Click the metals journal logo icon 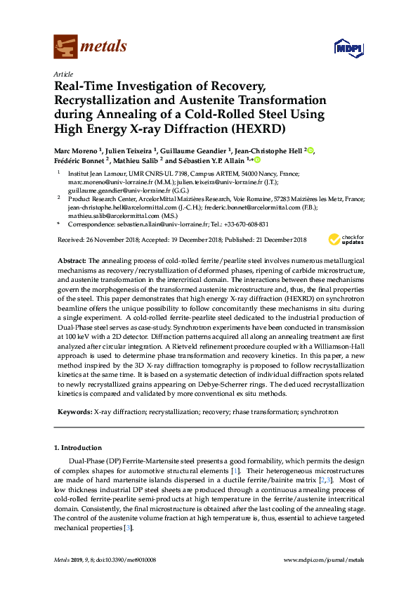pos(65,46)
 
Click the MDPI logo pos(345,48)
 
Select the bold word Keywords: pos(74,412)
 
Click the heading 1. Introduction pos(78,447)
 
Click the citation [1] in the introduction pos(236,469)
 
